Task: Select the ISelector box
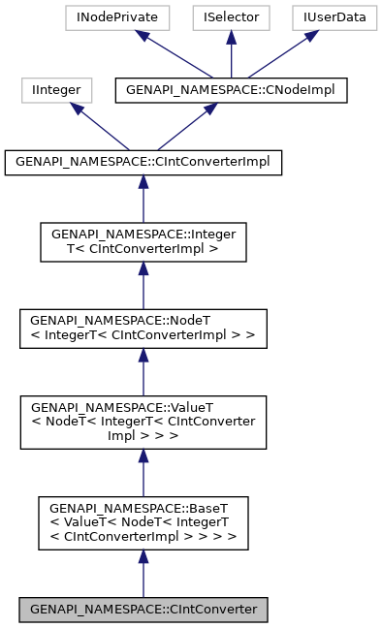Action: click(230, 17)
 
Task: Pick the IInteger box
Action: click(57, 90)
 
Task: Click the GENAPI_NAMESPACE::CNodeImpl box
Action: click(230, 90)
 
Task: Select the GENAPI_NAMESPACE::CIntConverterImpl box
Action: click(143, 163)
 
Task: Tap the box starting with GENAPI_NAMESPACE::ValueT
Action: click(143, 422)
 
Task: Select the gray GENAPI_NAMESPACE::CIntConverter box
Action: click(143, 610)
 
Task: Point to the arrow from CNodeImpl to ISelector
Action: click(230, 54)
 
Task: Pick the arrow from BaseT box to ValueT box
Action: click(143, 473)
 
